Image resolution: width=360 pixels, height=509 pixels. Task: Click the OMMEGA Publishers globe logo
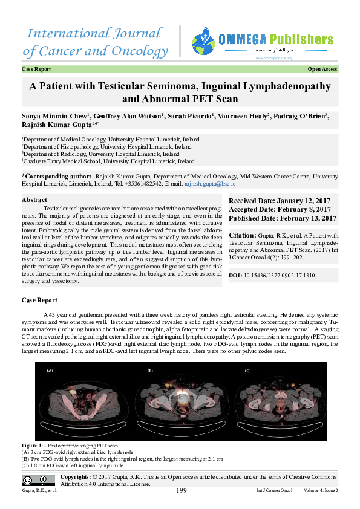[x=203, y=42]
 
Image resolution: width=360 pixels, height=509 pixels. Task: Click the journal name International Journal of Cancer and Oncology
[x=96, y=42]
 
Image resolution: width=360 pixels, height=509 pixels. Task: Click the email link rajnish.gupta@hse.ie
[x=218, y=183]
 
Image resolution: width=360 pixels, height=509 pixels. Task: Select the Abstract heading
[x=34, y=199]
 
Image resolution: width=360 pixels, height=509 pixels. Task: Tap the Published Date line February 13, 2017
[x=282, y=218]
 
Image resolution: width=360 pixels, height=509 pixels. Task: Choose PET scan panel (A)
[x=83, y=401]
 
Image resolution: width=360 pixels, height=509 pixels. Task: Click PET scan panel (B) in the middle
[x=180, y=401]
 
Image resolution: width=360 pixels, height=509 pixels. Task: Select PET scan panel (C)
[x=277, y=401]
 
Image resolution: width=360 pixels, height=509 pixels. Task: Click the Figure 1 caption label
[x=33, y=445]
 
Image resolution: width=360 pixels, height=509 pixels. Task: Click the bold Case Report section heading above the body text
[x=39, y=300]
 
